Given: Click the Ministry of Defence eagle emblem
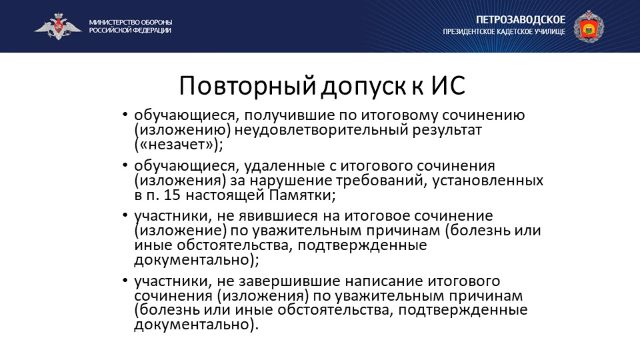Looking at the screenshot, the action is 58,27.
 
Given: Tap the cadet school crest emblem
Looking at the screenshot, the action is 589,26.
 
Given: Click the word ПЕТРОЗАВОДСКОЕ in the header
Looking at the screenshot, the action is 521,19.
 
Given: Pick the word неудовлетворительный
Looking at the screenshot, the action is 321,130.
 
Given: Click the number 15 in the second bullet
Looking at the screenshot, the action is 172,195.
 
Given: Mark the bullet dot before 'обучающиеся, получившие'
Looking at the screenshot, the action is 125,115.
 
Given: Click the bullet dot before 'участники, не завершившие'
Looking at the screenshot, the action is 125,281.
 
